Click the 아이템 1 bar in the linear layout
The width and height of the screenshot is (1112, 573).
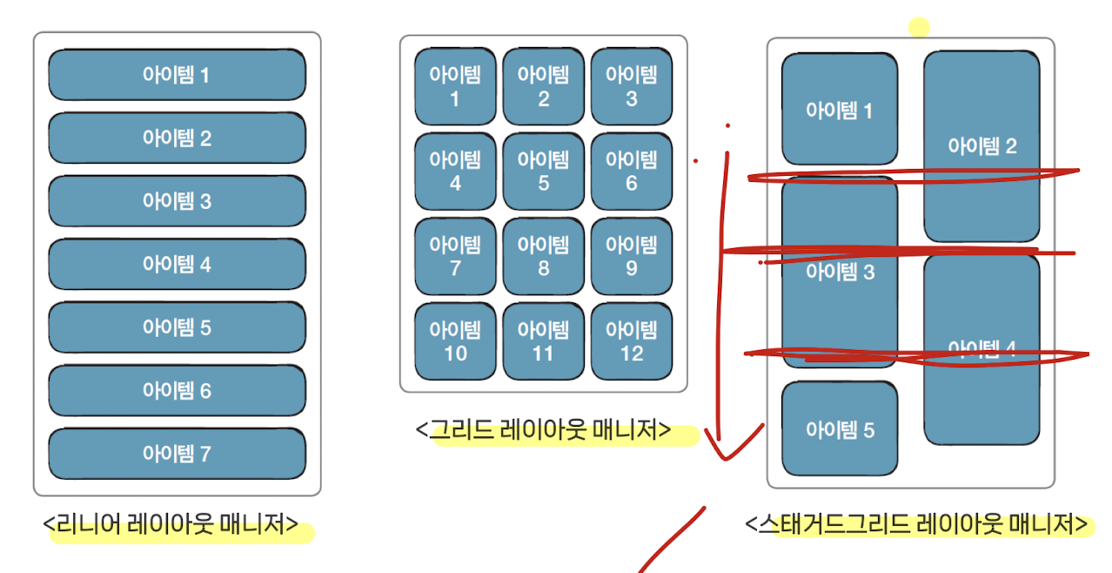(x=177, y=75)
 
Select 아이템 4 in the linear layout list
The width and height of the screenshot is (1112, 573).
(x=177, y=264)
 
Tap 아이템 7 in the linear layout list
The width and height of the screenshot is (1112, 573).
(x=177, y=453)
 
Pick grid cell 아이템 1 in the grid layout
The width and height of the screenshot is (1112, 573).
(x=455, y=86)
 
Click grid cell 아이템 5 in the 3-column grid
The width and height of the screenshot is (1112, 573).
(x=543, y=171)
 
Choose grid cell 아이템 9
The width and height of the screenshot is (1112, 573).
(x=632, y=256)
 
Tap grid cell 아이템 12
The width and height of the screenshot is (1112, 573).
(x=632, y=341)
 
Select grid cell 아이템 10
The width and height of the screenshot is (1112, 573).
(x=455, y=341)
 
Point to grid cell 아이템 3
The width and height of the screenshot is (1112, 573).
(x=632, y=86)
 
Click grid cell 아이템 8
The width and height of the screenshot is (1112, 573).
(x=543, y=256)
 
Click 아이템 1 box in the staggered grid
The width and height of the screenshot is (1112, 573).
(x=839, y=110)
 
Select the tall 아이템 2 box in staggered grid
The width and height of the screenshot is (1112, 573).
(x=981, y=145)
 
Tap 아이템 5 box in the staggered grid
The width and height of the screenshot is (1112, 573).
(x=839, y=429)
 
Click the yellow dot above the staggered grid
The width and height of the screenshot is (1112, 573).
(x=919, y=28)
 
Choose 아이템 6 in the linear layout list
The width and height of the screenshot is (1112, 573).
(x=177, y=390)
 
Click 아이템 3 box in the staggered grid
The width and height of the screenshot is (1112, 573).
(x=839, y=272)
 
